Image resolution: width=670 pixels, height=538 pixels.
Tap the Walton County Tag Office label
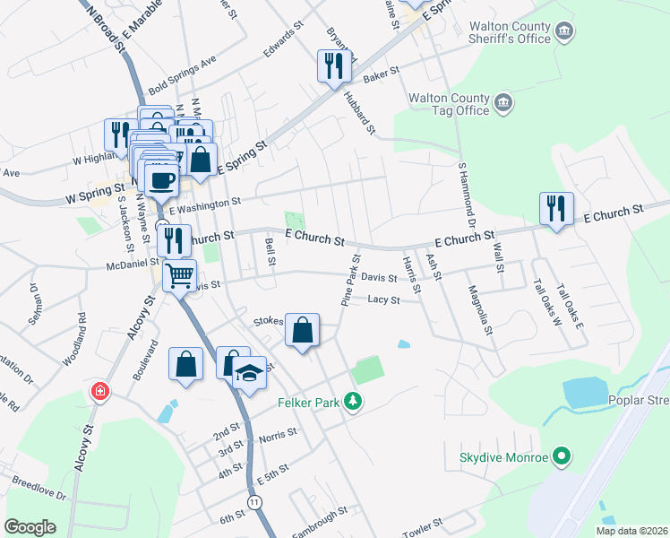(448, 103)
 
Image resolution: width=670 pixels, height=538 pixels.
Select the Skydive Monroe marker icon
(562, 458)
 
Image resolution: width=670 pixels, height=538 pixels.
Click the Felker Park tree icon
(354, 403)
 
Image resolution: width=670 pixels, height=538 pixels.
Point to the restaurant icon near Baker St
(331, 65)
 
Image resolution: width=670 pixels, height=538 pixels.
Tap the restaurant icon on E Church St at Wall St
(556, 209)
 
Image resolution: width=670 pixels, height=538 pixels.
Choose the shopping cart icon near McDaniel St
(180, 274)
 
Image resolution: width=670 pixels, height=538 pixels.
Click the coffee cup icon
(161, 179)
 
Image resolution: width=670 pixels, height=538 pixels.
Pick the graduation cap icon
(251, 372)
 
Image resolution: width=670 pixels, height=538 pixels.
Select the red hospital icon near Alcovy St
(99, 392)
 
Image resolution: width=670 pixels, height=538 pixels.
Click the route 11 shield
(256, 501)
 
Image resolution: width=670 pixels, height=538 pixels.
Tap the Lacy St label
(383, 300)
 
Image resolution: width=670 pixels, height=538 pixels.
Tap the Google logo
(30, 526)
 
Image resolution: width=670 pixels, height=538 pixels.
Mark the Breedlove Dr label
(39, 490)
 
